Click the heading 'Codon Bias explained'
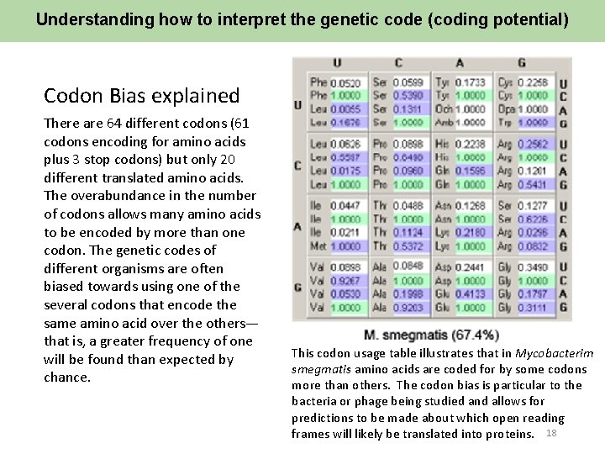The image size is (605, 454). tap(141, 96)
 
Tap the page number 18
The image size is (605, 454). tap(552, 433)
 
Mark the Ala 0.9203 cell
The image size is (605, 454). tap(409, 308)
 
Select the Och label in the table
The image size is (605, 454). tap(444, 109)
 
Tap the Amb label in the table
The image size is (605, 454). tap(444, 122)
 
